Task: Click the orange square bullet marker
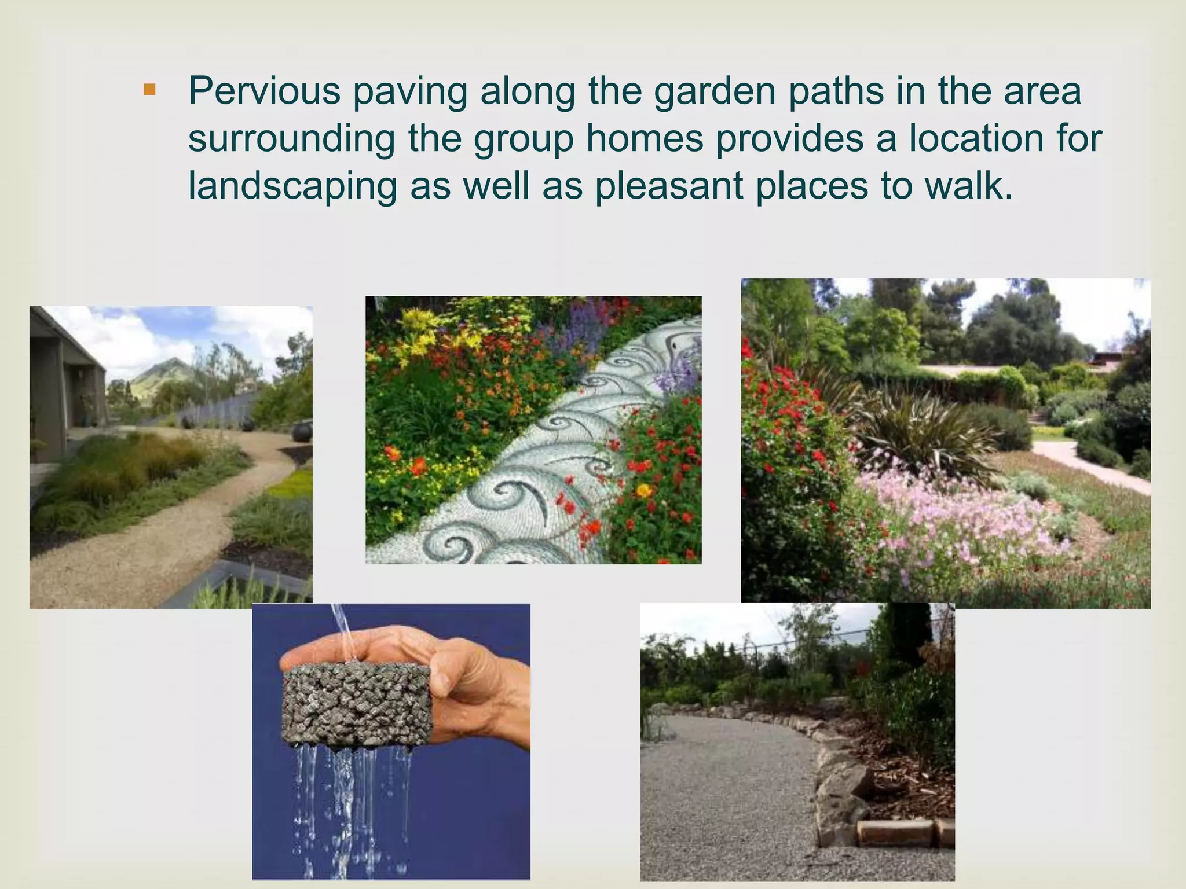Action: click(149, 90)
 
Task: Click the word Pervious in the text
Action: click(264, 91)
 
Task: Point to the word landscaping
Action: click(292, 186)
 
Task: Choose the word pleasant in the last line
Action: click(669, 186)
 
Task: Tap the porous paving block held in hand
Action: click(354, 703)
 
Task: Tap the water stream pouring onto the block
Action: click(342, 631)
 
